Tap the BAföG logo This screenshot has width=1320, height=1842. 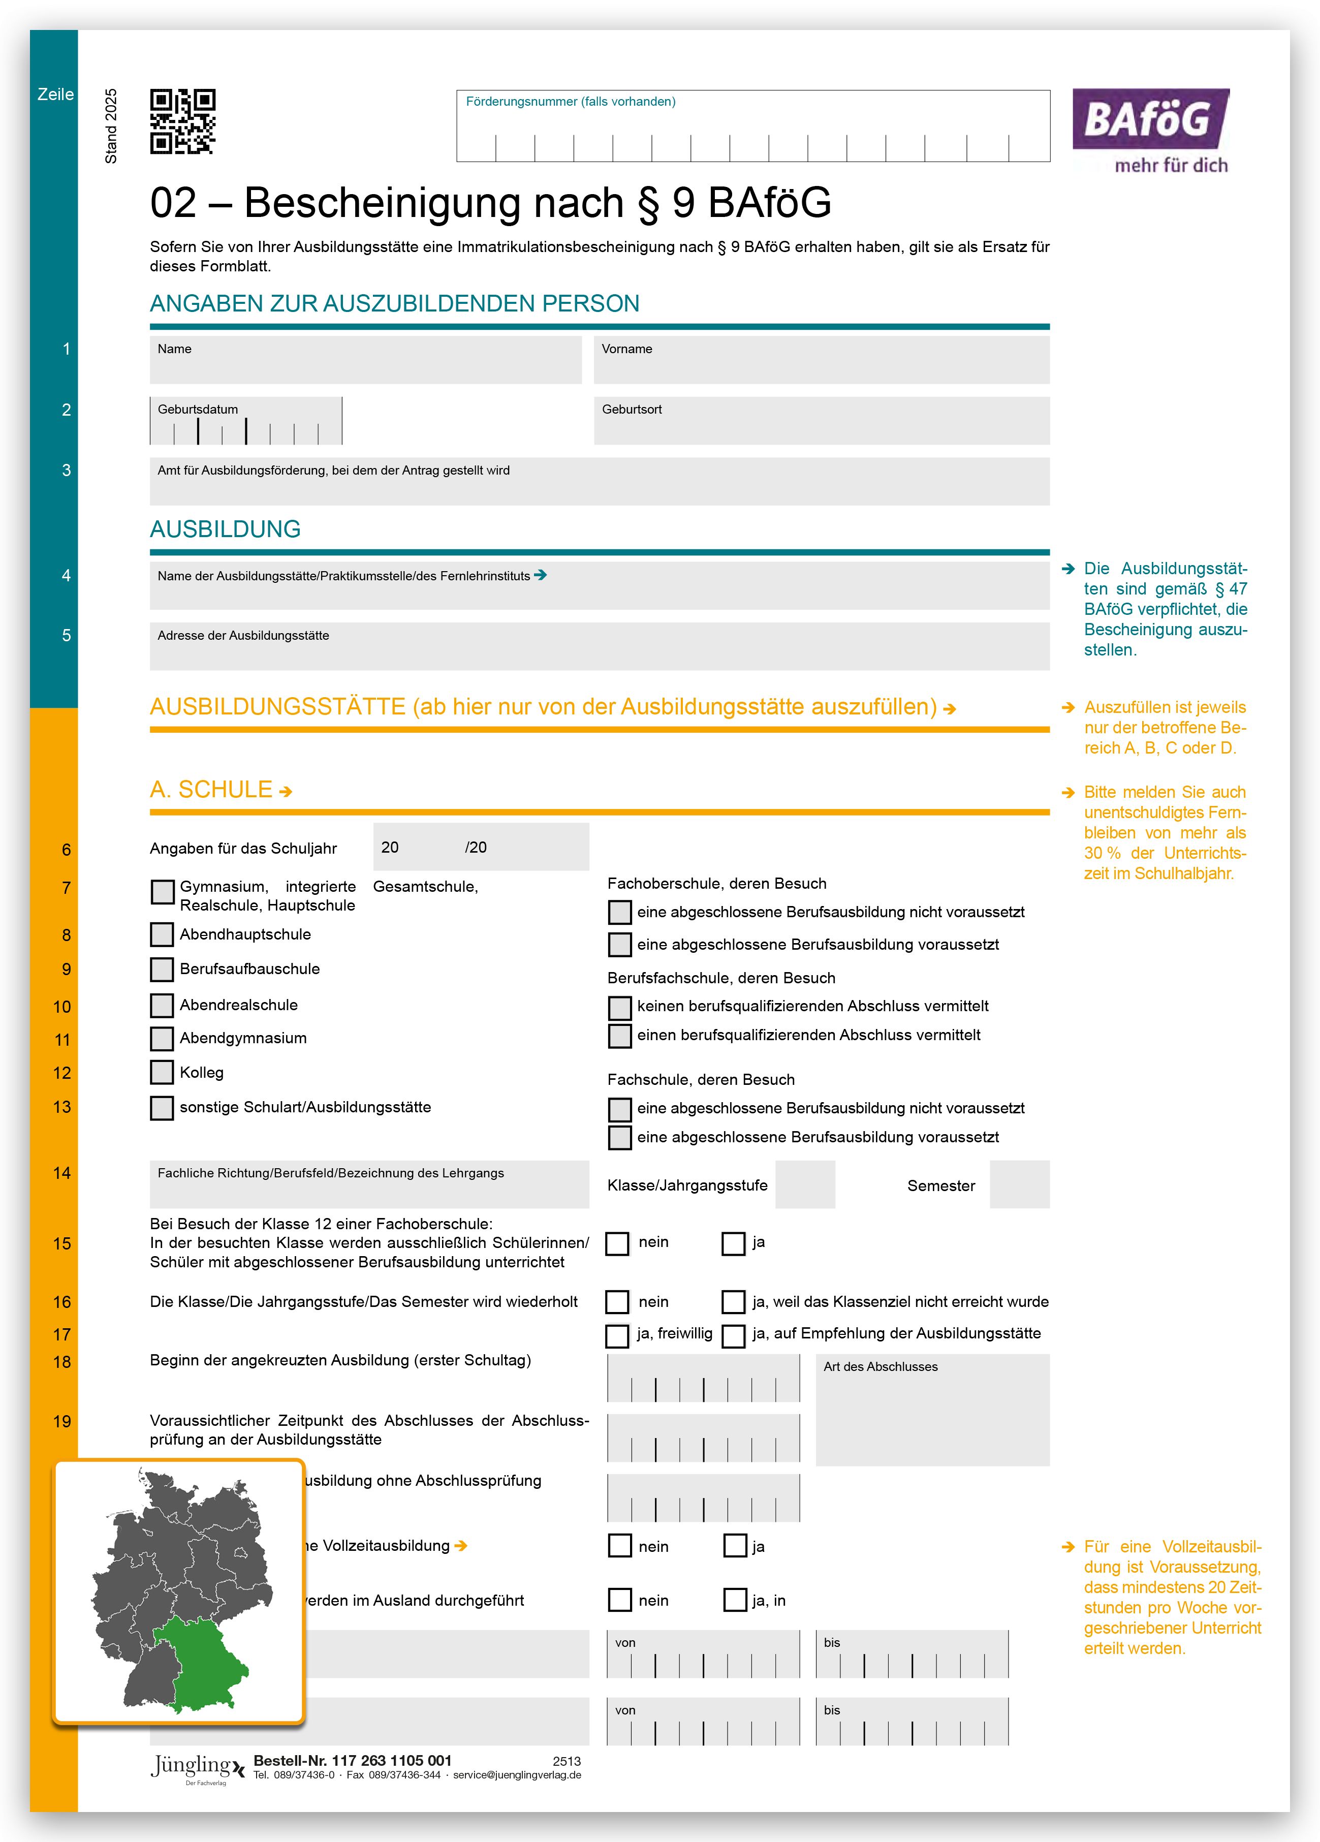pyautogui.click(x=1150, y=130)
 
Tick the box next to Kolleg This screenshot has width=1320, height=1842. pyautogui.click(x=163, y=1072)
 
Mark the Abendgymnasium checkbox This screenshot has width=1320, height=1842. pyautogui.click(x=163, y=1039)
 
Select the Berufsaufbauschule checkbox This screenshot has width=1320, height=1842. pyautogui.click(x=163, y=969)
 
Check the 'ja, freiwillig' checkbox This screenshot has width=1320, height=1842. pyautogui.click(x=617, y=1336)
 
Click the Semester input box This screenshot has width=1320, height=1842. pyautogui.click(x=1019, y=1185)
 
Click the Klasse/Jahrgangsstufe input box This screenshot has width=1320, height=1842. pyautogui.click(x=805, y=1185)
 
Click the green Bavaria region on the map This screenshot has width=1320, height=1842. pyautogui.click(x=203, y=1657)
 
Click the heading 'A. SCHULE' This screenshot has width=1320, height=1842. pyautogui.click(x=211, y=790)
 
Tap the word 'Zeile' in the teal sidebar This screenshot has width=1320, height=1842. pyautogui.click(x=55, y=94)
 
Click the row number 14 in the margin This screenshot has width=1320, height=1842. pyautogui.click(x=62, y=1173)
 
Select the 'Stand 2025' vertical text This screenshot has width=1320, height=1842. pyautogui.click(x=111, y=126)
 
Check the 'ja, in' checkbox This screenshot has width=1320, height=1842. pyautogui.click(x=735, y=1600)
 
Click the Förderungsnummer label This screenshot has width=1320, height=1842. pyautogui.click(x=570, y=102)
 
